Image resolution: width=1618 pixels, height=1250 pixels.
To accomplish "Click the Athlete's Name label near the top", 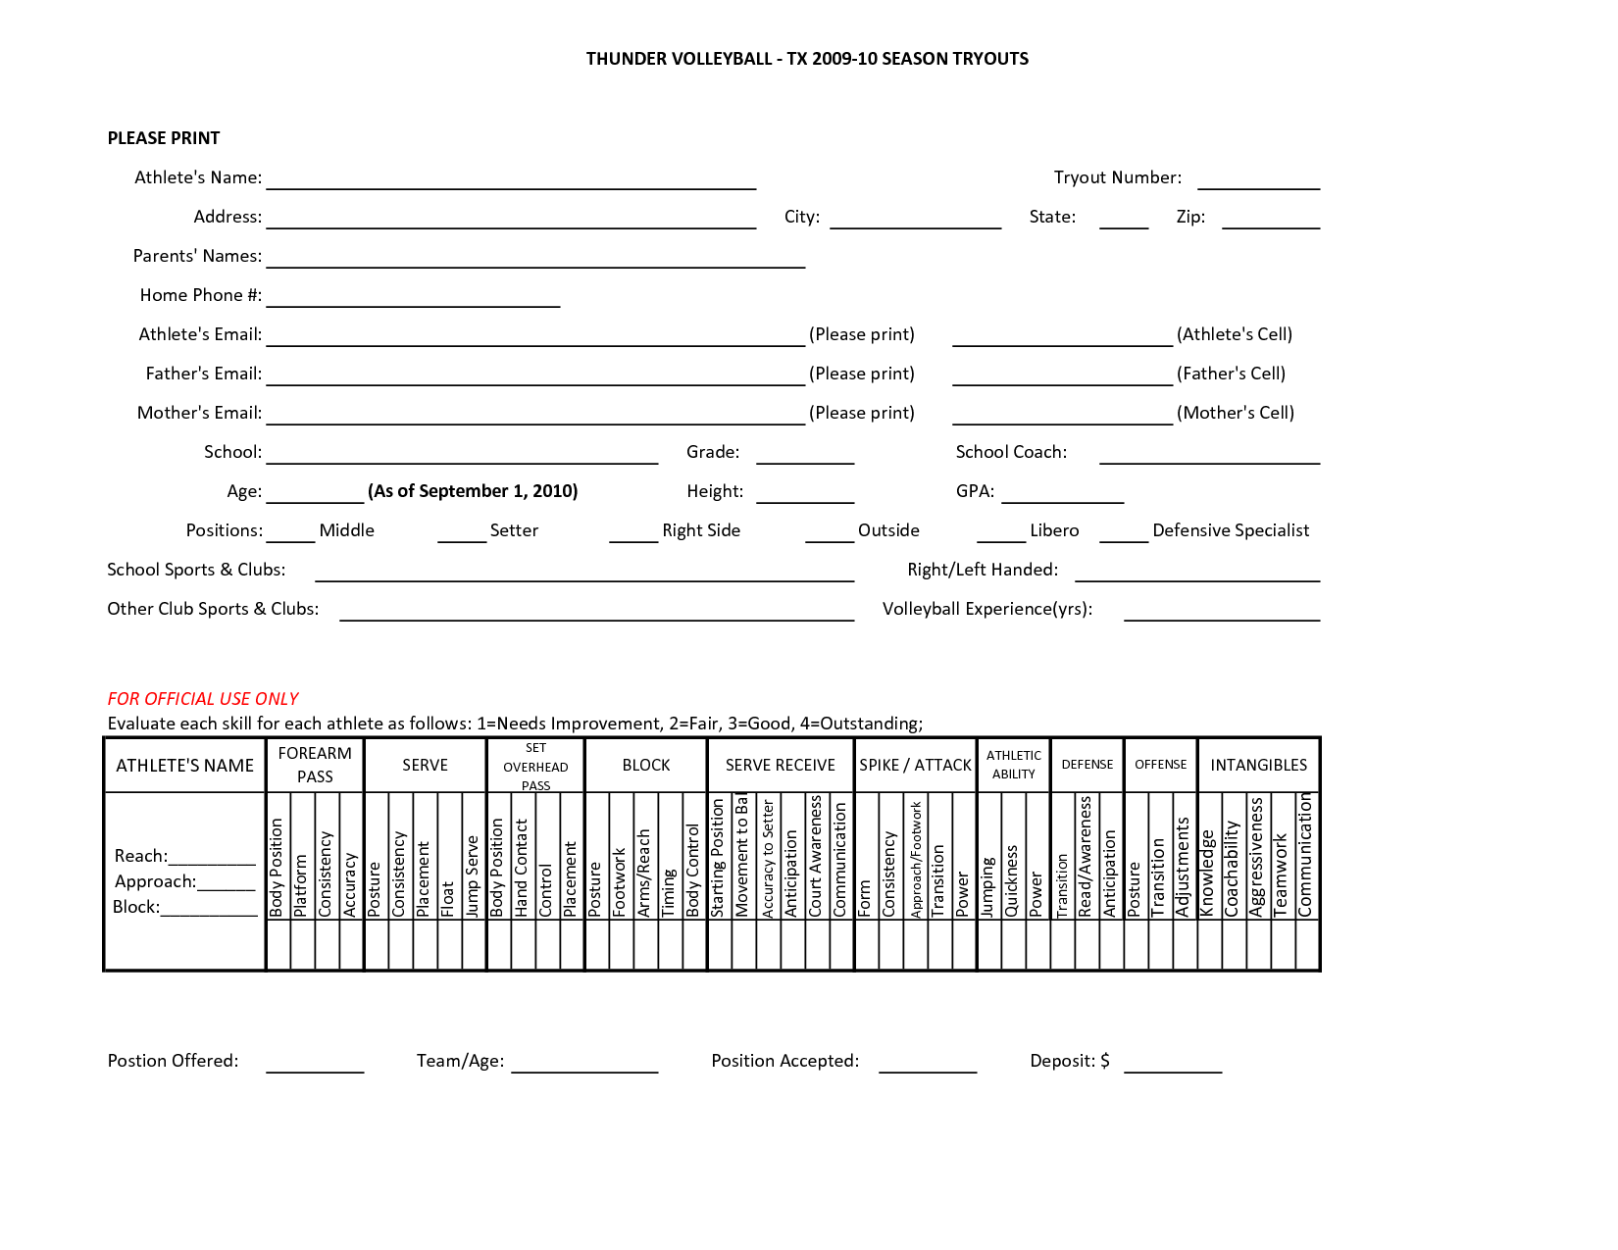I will click(198, 177).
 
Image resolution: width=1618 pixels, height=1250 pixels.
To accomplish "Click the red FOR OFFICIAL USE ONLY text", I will click(203, 699).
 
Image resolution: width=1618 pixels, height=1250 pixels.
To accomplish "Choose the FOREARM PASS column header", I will click(315, 765).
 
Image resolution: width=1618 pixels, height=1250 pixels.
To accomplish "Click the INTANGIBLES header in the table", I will click(1258, 765).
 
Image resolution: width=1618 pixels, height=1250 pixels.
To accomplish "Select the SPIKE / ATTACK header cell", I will click(915, 765).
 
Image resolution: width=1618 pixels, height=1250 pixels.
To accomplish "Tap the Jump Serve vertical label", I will click(473, 875).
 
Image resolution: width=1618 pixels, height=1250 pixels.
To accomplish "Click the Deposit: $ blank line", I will click(1173, 1069).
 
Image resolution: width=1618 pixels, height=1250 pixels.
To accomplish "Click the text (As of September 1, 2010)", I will click(473, 491).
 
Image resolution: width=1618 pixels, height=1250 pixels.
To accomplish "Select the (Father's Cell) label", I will click(1231, 374).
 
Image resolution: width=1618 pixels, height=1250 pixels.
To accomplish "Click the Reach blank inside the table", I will click(212, 861).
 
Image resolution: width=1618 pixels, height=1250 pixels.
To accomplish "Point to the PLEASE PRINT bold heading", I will click(164, 138).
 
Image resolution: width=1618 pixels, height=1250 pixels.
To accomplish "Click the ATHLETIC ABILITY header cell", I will click(1014, 765).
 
